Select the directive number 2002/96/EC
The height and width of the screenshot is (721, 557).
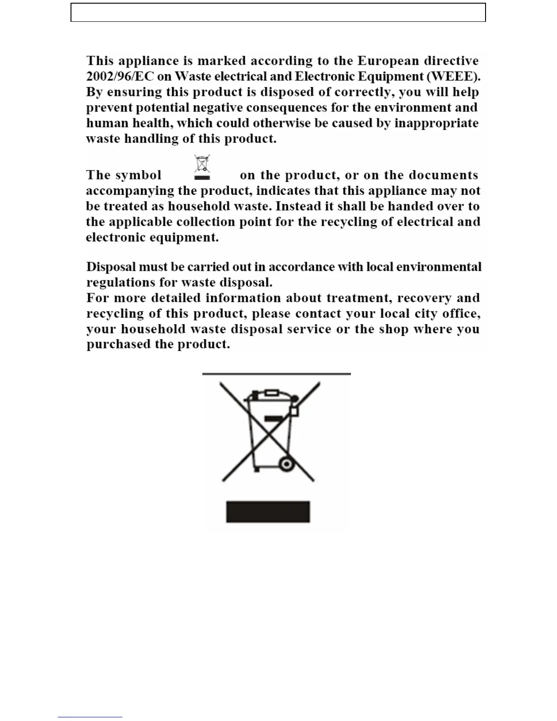click(x=119, y=76)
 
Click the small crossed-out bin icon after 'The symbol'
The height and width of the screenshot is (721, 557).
click(x=202, y=167)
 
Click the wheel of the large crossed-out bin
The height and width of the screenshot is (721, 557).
click(x=286, y=464)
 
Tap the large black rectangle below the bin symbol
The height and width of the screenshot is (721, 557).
click(x=268, y=512)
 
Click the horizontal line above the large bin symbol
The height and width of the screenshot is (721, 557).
click(x=276, y=374)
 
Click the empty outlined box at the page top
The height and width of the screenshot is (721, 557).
click(x=278, y=12)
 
